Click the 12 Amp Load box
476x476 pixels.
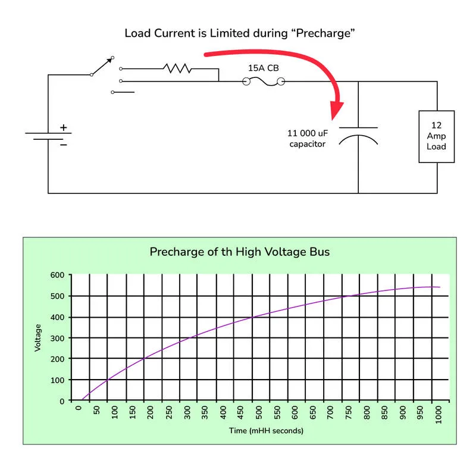pos(437,137)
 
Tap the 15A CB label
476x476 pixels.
pos(264,68)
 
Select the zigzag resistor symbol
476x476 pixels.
pos(177,68)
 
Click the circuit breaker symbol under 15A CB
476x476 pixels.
pos(264,82)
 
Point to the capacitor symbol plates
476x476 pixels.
pos(358,136)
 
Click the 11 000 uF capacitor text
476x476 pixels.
pos(308,139)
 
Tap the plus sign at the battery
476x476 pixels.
pos(64,127)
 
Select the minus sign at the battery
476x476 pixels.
pos(64,145)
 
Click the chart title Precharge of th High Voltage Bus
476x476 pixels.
pos(240,252)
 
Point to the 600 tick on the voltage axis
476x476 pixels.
pos(57,275)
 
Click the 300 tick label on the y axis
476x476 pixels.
pos(57,338)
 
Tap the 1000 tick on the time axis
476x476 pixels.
pos(439,415)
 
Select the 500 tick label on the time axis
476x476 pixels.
pos(259,413)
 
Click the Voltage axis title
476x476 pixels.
pos(37,337)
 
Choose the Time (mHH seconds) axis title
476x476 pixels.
pos(266,431)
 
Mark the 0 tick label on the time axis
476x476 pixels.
pos(79,408)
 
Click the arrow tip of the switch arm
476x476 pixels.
pos(111,58)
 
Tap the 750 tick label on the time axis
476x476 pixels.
pos(349,413)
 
